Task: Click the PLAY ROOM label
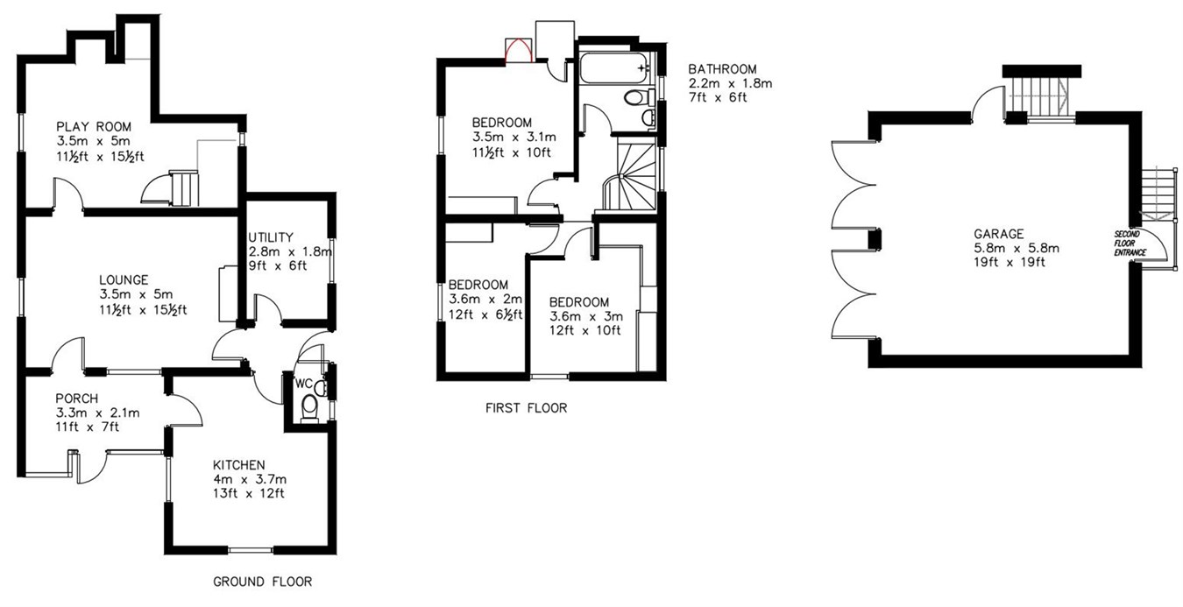[x=94, y=126]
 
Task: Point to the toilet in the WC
[x=308, y=408]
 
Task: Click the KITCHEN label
[x=238, y=464]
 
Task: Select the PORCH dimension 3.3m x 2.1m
[x=98, y=413]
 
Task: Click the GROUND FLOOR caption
[x=262, y=582]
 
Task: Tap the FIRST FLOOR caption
[x=526, y=407]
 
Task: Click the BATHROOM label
[x=722, y=69]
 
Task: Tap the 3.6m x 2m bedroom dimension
[x=485, y=300]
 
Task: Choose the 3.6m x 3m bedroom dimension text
[x=585, y=315]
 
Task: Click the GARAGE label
[x=998, y=234]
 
